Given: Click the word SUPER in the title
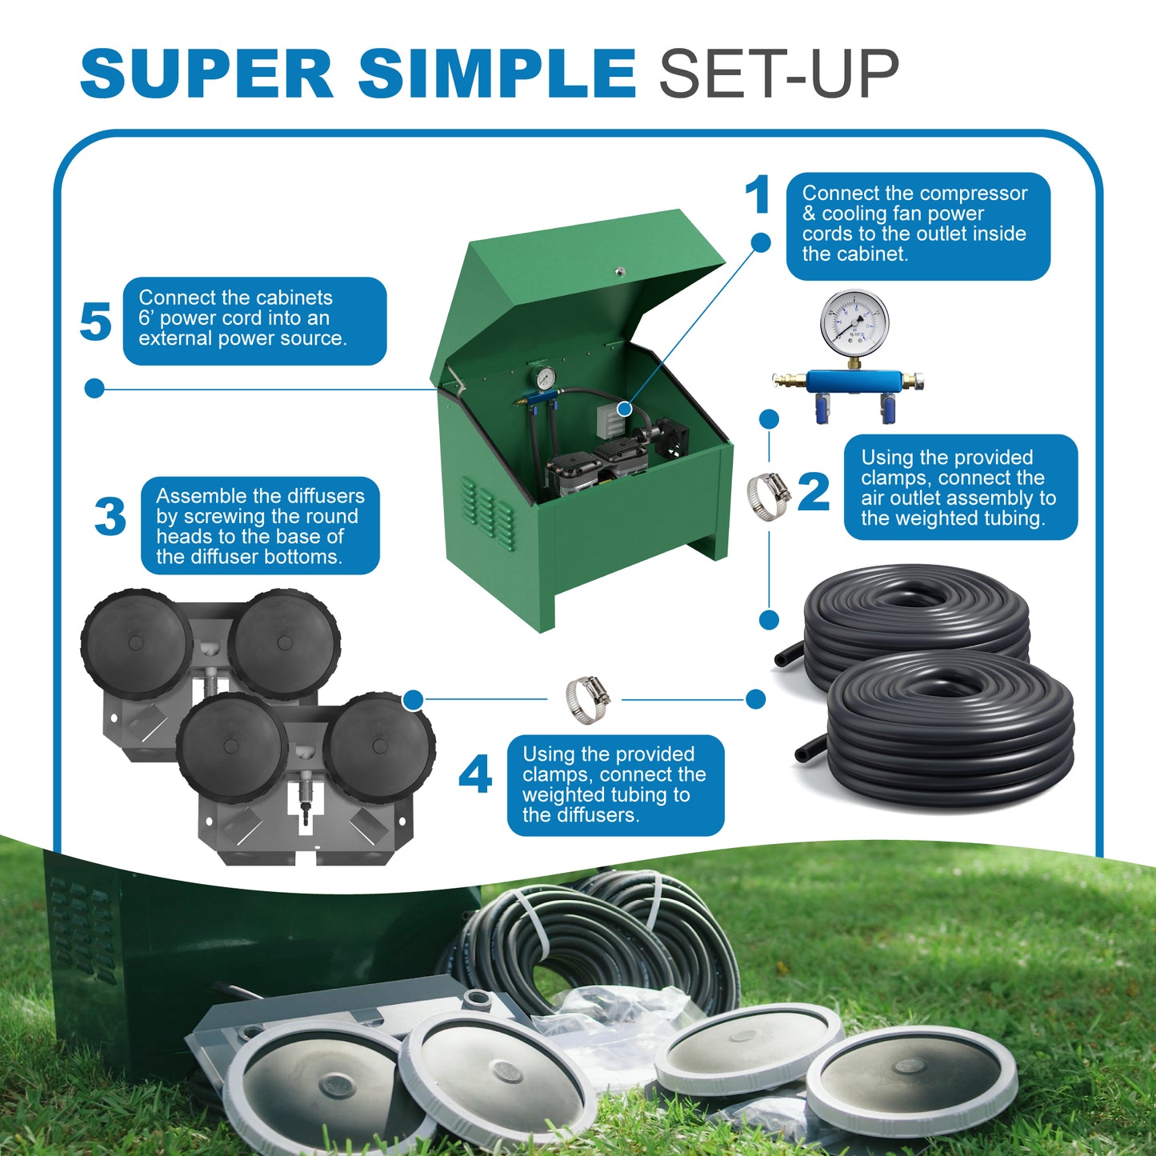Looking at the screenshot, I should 206,74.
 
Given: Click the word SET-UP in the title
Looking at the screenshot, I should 778,74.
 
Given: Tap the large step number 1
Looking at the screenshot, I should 757,195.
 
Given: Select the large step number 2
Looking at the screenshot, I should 814,491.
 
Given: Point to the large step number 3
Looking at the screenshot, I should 110,517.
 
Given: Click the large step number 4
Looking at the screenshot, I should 475,775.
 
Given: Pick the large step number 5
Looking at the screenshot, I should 95,322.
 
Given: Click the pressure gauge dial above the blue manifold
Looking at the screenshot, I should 854,322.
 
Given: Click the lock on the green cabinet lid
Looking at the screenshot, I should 619,272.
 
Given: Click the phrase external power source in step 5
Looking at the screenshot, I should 242,338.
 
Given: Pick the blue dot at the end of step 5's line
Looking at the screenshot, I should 94,389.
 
